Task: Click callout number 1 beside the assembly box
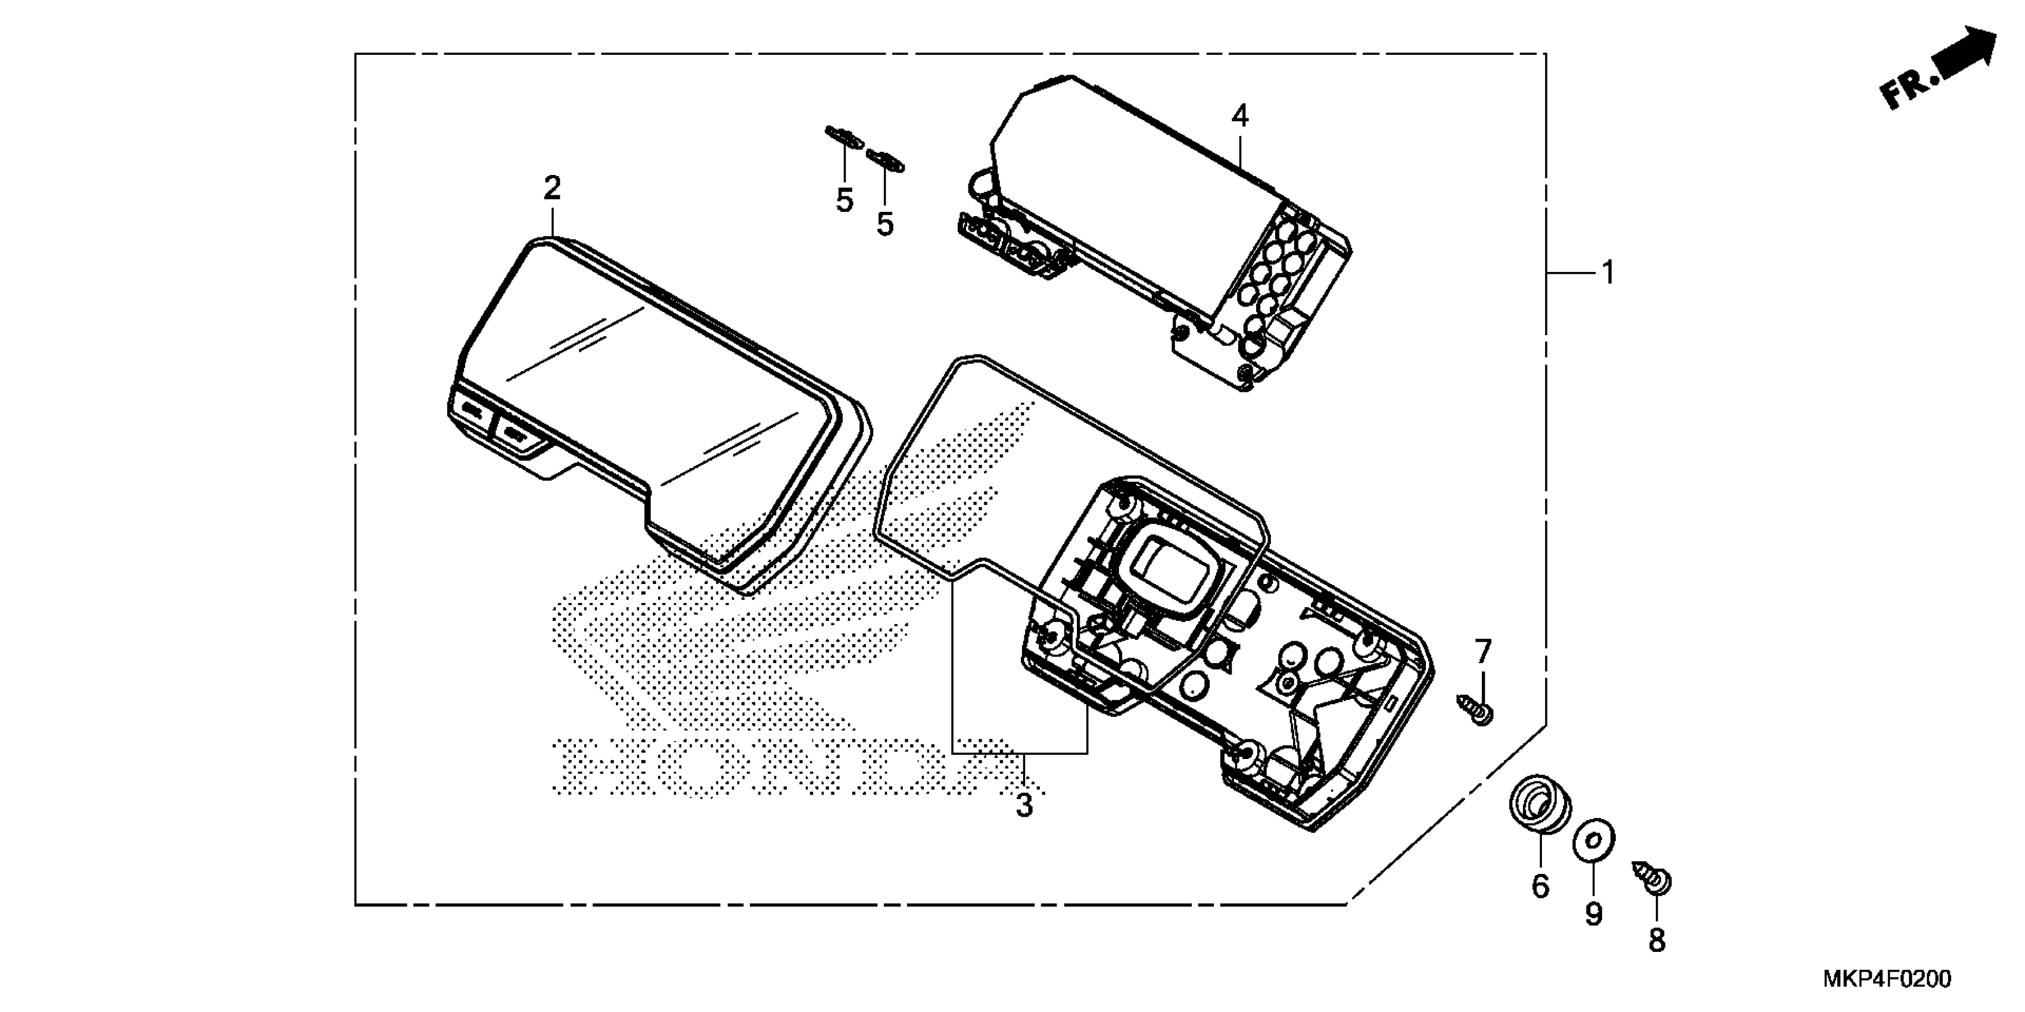[1608, 273]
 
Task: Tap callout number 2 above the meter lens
[552, 189]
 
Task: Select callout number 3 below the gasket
[1023, 805]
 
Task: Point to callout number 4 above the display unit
[1239, 116]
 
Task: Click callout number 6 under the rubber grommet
[1540, 886]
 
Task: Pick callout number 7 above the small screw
[1482, 651]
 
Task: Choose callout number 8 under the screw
[1656, 940]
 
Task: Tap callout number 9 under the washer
[1593, 914]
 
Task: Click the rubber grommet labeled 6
[1540, 827]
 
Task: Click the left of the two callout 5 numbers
[845, 201]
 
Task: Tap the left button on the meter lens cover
[472, 410]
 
